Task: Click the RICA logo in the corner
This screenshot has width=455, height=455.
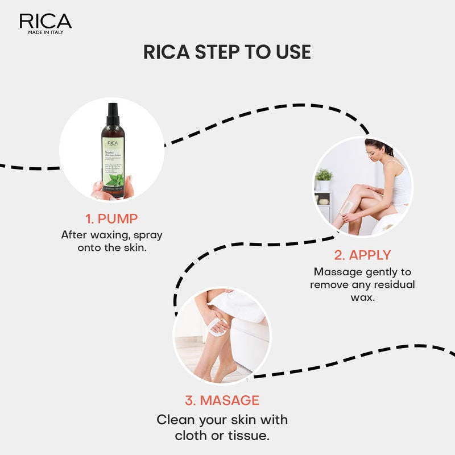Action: pyautogui.click(x=45, y=22)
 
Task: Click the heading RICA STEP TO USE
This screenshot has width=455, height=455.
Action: pyautogui.click(x=227, y=52)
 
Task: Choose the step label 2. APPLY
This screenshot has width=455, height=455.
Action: pyautogui.click(x=362, y=254)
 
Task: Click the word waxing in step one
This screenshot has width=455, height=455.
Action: pyautogui.click(x=105, y=235)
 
